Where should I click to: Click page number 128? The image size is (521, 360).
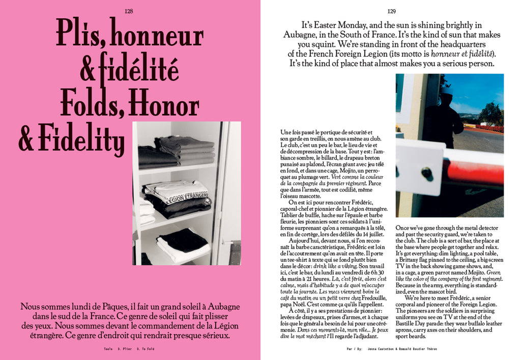click(129, 11)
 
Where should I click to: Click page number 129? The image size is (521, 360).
click(391, 11)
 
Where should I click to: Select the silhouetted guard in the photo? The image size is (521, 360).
click(443, 120)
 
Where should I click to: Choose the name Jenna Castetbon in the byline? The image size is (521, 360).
click(380, 349)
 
